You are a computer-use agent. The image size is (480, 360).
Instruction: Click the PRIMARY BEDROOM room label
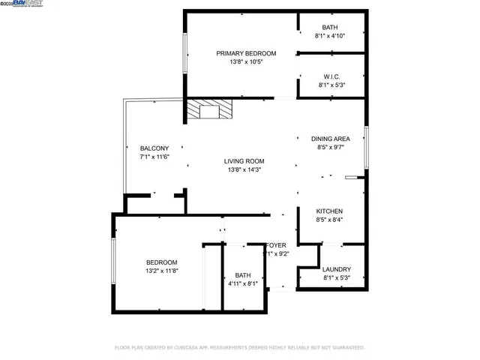246,53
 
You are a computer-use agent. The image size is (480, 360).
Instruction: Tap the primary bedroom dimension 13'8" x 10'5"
246,62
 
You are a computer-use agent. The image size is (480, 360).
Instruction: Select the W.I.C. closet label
330,76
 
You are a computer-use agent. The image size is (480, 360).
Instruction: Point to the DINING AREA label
331,139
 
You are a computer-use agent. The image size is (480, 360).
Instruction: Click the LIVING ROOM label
244,160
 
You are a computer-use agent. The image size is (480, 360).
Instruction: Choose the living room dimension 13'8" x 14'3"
244,169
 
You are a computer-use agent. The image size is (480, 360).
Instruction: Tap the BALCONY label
154,148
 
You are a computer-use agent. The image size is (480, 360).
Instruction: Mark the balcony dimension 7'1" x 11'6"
154,157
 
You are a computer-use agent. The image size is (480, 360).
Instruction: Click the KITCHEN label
329,211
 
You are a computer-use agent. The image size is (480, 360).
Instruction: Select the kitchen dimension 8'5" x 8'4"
329,220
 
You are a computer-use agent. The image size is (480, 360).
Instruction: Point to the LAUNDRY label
336,269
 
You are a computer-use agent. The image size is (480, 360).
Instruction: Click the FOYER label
277,245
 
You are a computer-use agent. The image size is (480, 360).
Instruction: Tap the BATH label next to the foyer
242,274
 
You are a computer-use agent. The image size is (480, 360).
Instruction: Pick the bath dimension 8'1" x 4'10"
330,36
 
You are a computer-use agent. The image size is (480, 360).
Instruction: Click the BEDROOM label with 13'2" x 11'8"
161,262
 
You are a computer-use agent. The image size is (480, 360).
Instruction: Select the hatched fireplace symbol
210,111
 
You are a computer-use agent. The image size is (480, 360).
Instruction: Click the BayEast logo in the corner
22,4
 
